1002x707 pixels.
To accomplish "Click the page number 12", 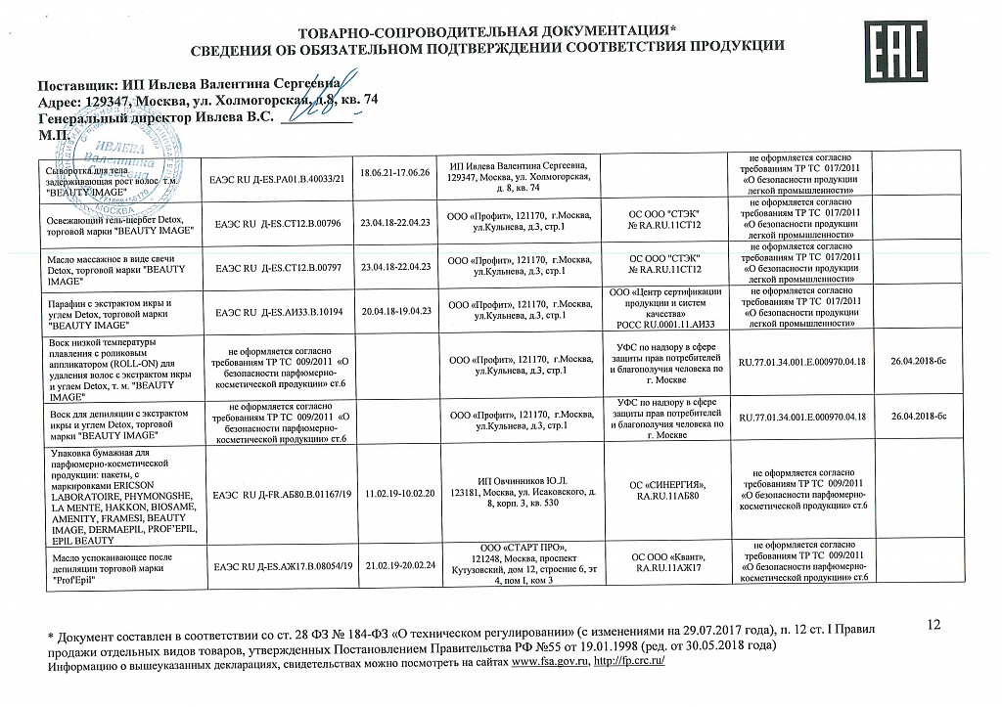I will pos(932,625).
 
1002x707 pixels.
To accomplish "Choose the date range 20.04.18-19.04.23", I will pos(395,310).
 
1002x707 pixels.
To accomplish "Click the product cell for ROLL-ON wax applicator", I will pos(118,371).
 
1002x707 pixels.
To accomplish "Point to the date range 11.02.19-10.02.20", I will pos(395,494).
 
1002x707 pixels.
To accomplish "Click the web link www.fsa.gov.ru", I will pos(550,662).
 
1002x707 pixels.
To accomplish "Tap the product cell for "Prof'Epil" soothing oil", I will pos(118,565).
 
